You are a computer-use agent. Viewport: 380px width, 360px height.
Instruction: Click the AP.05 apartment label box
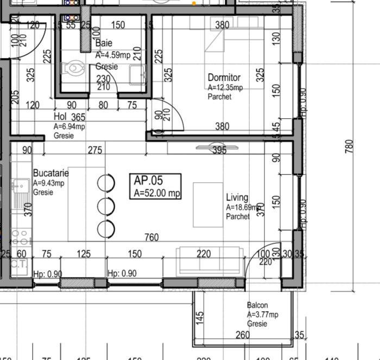click(157, 187)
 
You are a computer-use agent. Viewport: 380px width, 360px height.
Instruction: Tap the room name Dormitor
click(224, 78)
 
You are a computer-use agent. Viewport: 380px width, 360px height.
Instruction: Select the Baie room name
click(104, 43)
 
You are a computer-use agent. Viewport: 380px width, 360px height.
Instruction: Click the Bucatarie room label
click(51, 173)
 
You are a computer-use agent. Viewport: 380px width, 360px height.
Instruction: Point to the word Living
click(237, 198)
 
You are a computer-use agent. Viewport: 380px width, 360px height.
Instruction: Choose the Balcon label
click(257, 306)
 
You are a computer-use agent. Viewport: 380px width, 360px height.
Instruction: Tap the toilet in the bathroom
click(72, 69)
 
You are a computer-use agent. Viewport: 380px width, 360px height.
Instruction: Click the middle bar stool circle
click(106, 206)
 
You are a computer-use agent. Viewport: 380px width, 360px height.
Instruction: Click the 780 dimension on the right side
click(350, 146)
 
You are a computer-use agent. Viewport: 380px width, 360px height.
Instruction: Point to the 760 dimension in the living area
click(152, 237)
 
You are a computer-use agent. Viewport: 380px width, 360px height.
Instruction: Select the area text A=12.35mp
click(225, 88)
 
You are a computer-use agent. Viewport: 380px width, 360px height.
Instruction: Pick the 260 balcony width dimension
click(242, 336)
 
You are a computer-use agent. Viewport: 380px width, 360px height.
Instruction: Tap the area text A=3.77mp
click(263, 315)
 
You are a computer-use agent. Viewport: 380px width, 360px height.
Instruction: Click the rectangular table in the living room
click(208, 204)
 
